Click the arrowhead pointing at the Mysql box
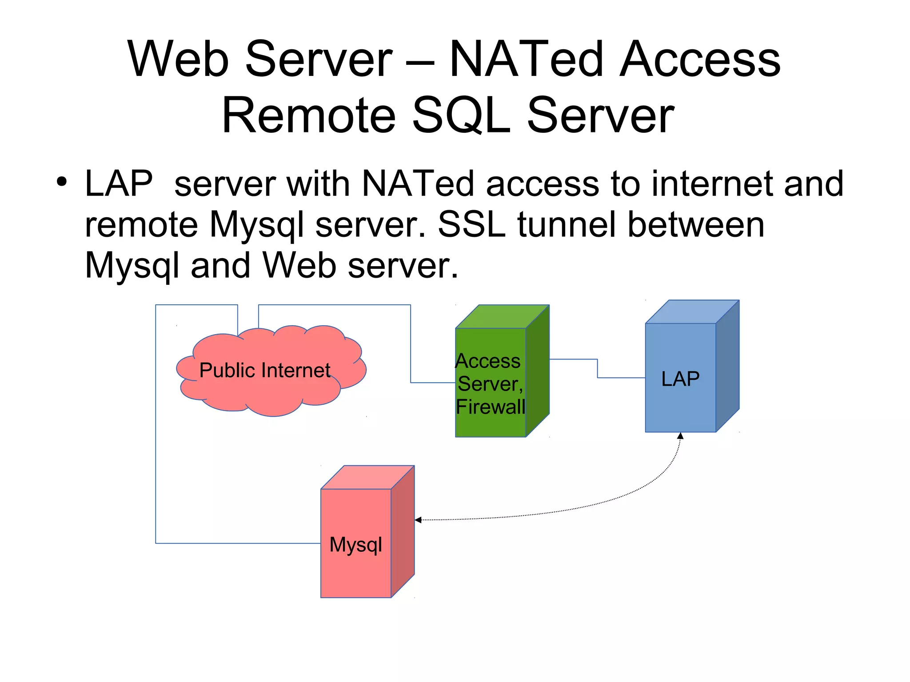pos(418,520)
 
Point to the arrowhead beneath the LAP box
pos(680,436)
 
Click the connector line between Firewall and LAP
pos(598,369)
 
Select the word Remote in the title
pos(308,115)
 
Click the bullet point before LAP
pos(62,182)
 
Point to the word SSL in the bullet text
pos(471,224)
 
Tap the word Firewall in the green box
pos(491,407)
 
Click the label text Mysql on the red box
pos(355,545)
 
